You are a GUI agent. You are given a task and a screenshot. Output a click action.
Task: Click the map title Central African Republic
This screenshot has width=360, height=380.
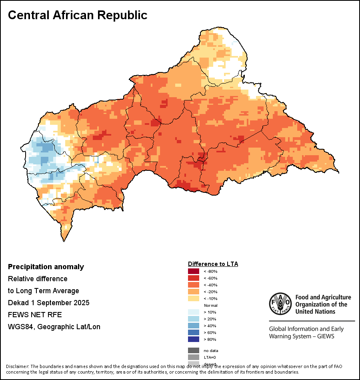click(78, 15)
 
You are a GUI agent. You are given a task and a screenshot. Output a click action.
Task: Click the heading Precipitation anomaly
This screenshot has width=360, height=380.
click(46, 267)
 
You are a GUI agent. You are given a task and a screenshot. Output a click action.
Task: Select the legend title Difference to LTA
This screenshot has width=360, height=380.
click(213, 264)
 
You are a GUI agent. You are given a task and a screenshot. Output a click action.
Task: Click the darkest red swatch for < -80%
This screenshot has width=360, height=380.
click(194, 272)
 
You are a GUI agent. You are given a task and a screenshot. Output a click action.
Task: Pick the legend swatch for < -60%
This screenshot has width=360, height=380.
click(194, 278)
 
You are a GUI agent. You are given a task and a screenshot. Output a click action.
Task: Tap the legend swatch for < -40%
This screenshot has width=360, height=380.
click(194, 285)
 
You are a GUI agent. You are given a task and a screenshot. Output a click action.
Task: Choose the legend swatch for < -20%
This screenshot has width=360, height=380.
click(194, 292)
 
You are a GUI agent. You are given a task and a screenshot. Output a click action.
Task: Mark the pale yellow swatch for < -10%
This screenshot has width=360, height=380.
click(194, 299)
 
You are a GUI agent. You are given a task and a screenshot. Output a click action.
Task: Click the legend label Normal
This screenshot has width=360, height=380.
click(210, 306)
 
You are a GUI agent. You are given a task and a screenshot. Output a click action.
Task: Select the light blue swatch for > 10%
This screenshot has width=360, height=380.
click(194, 312)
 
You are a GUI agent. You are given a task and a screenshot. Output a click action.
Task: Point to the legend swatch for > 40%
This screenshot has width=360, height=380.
click(194, 326)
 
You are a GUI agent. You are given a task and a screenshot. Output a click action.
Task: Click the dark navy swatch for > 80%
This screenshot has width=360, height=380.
click(194, 340)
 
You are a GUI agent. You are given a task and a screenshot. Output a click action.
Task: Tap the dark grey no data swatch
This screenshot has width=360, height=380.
click(194, 351)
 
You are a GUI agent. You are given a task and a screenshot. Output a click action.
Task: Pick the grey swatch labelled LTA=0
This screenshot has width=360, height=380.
click(194, 357)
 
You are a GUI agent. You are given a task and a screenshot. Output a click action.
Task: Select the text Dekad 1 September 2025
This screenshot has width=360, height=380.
click(48, 303)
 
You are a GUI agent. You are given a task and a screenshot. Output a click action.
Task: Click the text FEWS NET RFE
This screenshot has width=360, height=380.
click(35, 315)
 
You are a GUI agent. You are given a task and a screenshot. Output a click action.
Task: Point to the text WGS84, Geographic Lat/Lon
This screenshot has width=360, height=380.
click(54, 327)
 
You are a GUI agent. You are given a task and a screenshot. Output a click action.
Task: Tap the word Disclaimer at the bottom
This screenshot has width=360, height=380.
click(17, 366)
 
